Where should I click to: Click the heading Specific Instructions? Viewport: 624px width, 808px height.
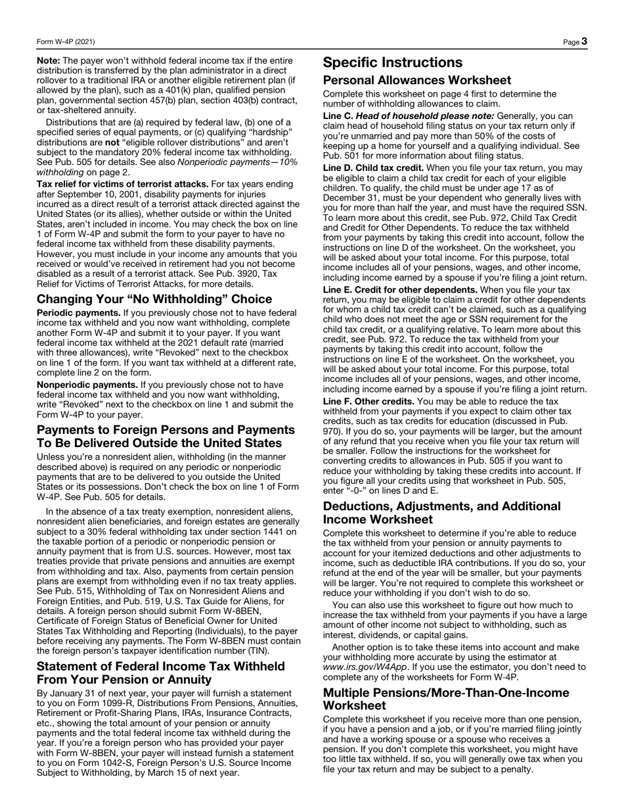tap(393, 62)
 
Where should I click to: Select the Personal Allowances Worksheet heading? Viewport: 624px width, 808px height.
tap(416, 80)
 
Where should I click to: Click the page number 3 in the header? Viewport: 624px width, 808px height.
tap(584, 41)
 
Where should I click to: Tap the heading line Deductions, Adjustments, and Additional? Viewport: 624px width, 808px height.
tap(442, 506)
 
